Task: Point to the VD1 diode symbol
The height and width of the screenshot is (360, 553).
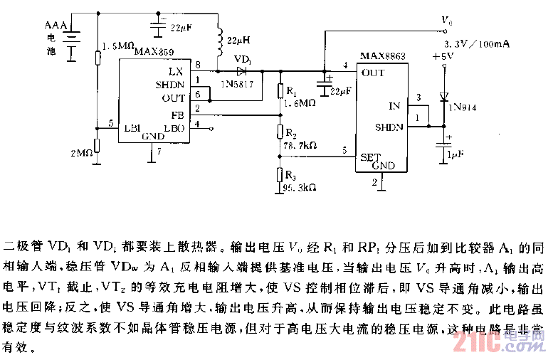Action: click(x=242, y=70)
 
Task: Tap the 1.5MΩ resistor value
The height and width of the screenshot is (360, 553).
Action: click(x=118, y=46)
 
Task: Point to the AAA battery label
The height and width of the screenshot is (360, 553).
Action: click(x=56, y=26)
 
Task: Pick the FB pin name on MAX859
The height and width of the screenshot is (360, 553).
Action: click(x=177, y=114)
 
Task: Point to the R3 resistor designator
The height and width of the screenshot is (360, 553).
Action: click(x=290, y=175)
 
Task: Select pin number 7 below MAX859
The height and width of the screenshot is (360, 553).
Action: click(x=159, y=152)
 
